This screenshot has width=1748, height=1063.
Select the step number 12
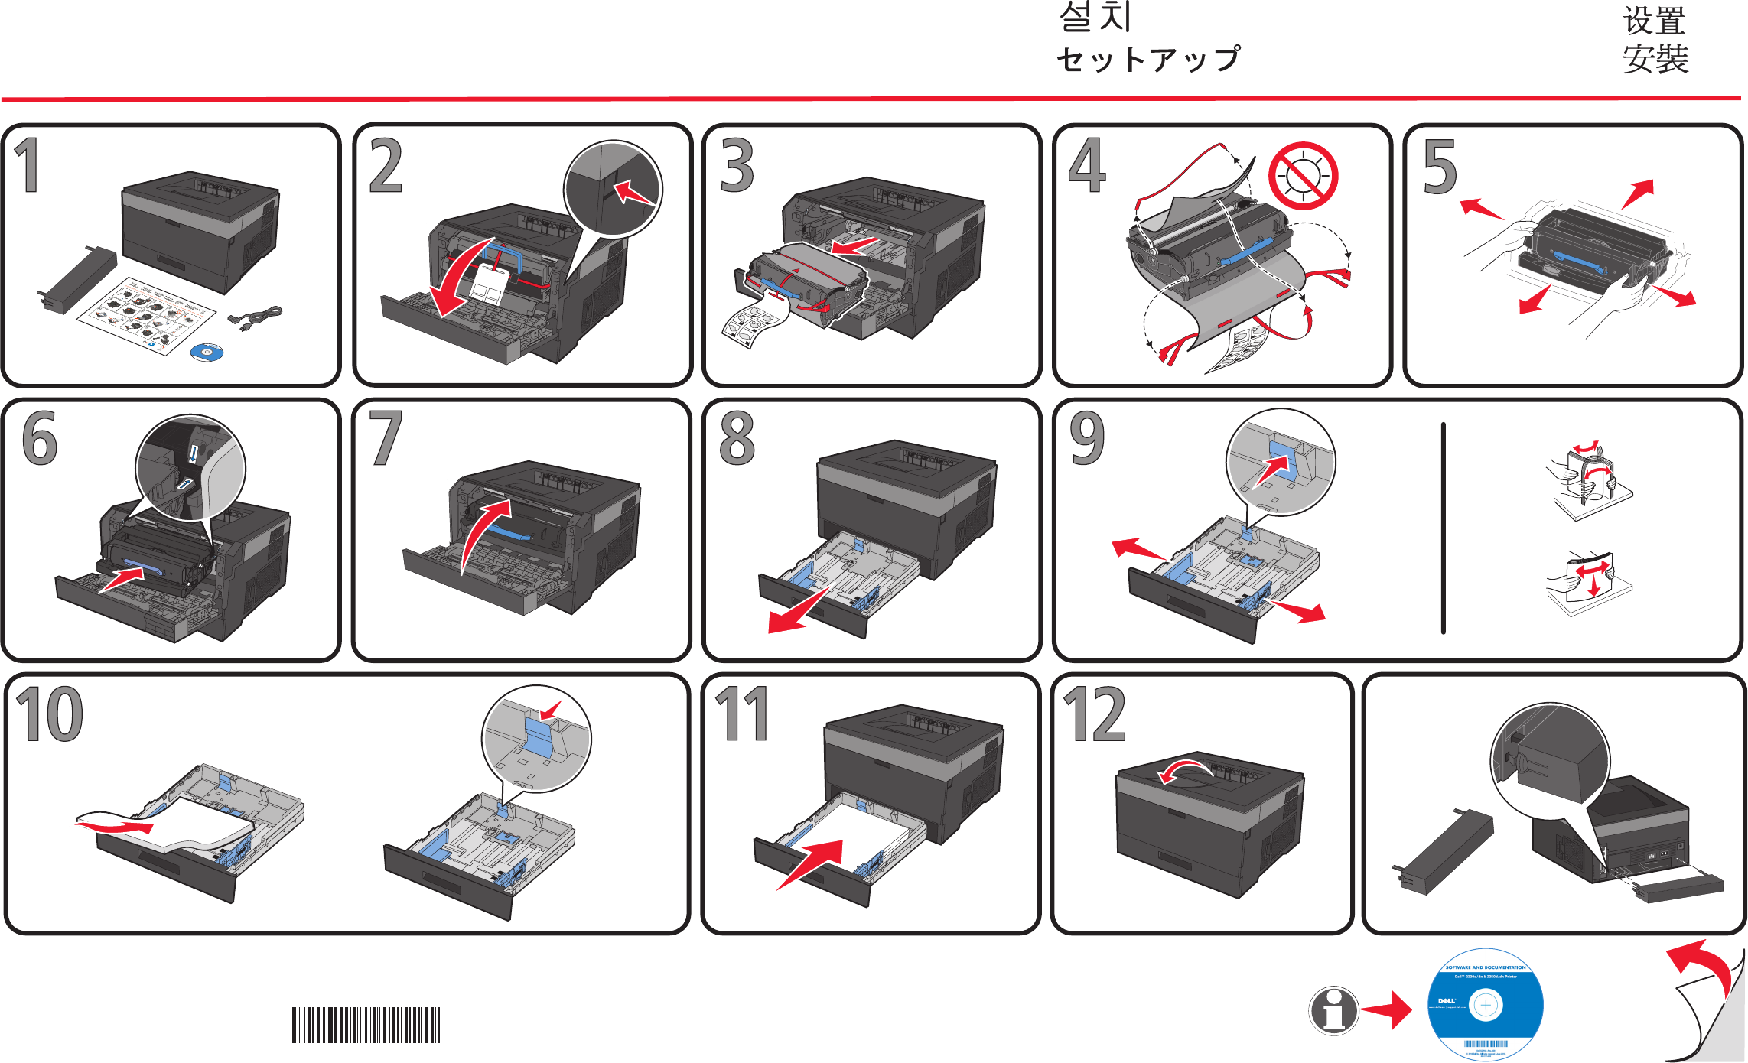tap(1094, 714)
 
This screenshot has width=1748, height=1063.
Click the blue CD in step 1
tap(207, 352)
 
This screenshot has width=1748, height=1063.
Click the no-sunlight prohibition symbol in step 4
tap(1303, 176)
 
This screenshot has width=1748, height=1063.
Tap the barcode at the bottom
tap(366, 1025)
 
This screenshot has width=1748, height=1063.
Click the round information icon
tap(1333, 1010)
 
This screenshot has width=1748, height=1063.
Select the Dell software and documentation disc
tap(1485, 1004)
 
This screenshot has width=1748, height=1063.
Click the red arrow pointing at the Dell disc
tap(1387, 1010)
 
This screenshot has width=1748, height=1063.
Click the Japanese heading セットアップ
tap(1147, 60)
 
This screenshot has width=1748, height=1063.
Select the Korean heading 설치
tap(1095, 17)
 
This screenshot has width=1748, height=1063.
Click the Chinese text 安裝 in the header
tap(1655, 59)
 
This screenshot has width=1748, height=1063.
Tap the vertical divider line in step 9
tap(1443, 528)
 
